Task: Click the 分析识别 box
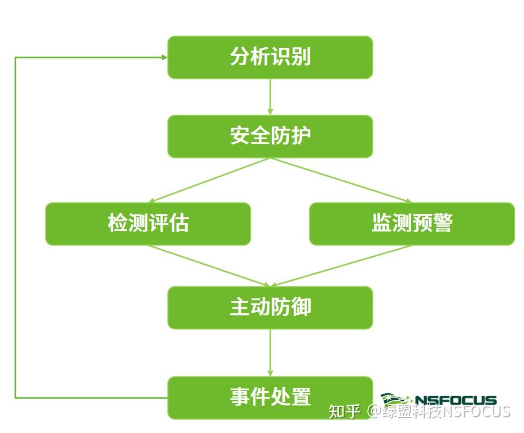270,57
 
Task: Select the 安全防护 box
270,136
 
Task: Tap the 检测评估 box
148,223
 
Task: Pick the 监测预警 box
412,223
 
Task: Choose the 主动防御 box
270,307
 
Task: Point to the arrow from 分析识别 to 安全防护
270,97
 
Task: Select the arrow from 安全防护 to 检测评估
209,180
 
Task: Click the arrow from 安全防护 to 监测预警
341,180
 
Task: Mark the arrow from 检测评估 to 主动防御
209,265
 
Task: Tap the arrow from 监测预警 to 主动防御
344,265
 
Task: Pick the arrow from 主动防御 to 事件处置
270,352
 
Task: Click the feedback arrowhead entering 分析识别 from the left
163,57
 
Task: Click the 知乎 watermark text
344,412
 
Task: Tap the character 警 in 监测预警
443,223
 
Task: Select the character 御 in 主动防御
301,307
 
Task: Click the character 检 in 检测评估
118,223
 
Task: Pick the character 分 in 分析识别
239,57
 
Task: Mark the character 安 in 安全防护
239,136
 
